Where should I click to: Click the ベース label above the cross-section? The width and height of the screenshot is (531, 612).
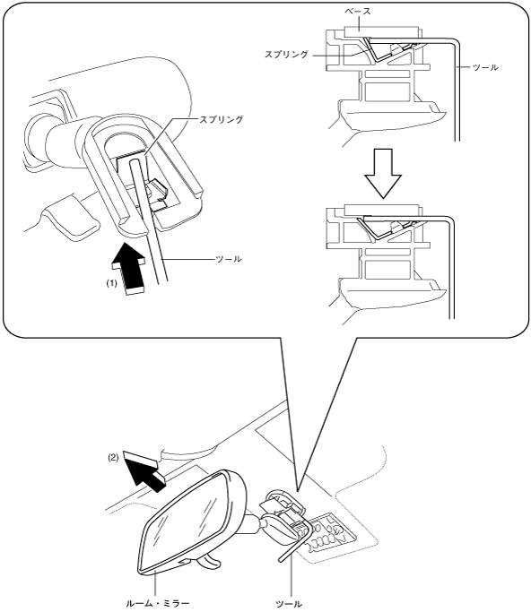coord(358,12)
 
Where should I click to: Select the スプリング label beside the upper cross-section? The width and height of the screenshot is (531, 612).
coord(286,55)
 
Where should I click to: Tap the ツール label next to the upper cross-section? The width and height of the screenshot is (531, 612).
coord(485,67)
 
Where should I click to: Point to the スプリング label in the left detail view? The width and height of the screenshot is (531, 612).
coord(222,119)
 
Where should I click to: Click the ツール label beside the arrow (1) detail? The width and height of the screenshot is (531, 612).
coord(229,259)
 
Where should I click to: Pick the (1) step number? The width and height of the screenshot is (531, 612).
coord(112,284)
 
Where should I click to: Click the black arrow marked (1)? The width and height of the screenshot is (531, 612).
coord(128,268)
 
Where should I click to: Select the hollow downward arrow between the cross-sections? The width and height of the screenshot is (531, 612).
coord(383,174)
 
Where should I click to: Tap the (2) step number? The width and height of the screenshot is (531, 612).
coord(113,458)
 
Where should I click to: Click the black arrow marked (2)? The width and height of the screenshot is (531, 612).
coord(144,470)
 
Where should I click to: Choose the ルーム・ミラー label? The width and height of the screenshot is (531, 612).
coord(158,603)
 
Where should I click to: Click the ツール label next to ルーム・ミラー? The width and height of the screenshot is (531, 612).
coord(289,604)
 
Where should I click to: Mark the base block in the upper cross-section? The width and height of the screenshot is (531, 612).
coord(382,32)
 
